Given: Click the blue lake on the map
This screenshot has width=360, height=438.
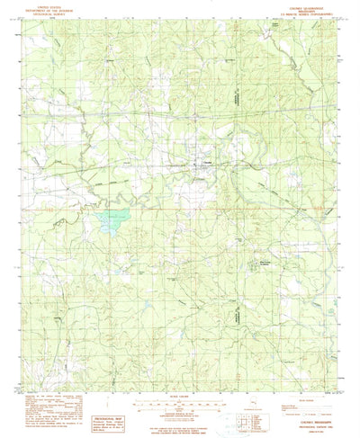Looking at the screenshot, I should click(112, 219).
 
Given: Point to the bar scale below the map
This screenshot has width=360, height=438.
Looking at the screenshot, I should click(181, 384).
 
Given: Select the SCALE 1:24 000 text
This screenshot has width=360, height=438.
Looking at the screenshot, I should click(181, 377).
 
